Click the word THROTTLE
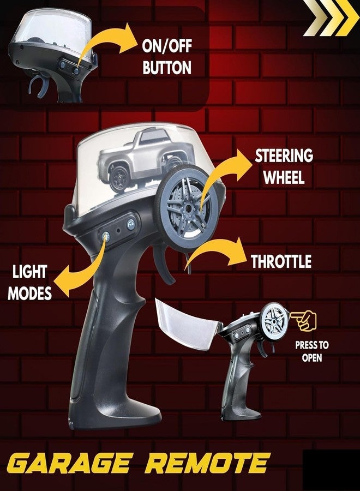point(281,261)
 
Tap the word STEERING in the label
point(284,155)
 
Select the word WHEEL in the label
point(284,177)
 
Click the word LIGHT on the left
point(30,272)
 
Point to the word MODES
point(30,294)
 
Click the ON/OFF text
point(167,46)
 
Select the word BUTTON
point(167,67)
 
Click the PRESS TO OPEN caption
point(312,351)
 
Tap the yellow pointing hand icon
point(303,320)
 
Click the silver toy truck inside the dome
point(145,160)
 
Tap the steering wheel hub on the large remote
point(188,207)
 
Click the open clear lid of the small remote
point(187,324)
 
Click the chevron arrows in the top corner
point(332,18)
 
